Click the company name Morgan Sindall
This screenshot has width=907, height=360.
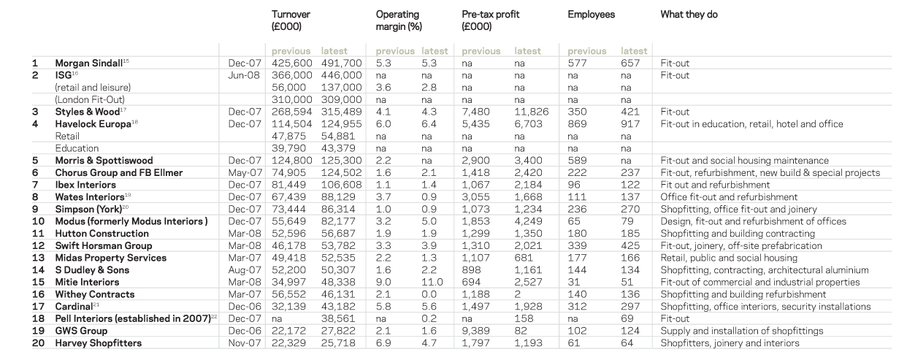pyautogui.click(x=85, y=64)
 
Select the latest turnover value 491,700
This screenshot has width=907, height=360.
pyautogui.click(x=341, y=64)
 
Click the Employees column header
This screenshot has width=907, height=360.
pyautogui.click(x=591, y=15)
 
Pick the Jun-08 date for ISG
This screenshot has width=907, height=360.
pyautogui.click(x=242, y=75)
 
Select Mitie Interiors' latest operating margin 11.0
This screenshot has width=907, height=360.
pyautogui.click(x=433, y=282)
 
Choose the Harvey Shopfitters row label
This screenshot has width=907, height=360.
pyautogui.click(x=99, y=343)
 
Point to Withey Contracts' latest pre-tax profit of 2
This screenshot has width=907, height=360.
pyautogui.click(x=518, y=294)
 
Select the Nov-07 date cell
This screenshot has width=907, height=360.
pyautogui.click(x=242, y=343)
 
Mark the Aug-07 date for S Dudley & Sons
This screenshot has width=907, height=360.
pyautogui.click(x=242, y=270)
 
